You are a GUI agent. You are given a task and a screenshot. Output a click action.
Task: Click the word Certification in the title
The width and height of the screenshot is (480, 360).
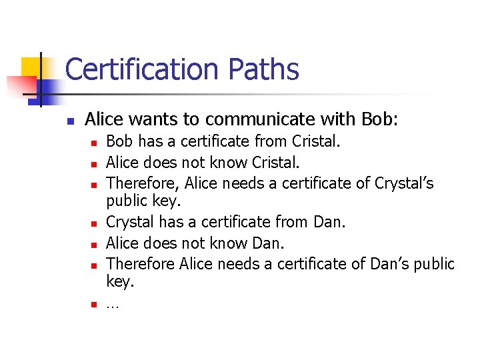142,69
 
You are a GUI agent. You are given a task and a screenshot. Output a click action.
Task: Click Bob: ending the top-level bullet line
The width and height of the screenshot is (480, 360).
379,119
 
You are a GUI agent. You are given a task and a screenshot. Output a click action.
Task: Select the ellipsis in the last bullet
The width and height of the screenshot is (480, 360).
112,305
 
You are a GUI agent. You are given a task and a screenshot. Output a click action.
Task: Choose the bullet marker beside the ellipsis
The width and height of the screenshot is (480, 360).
95,306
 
